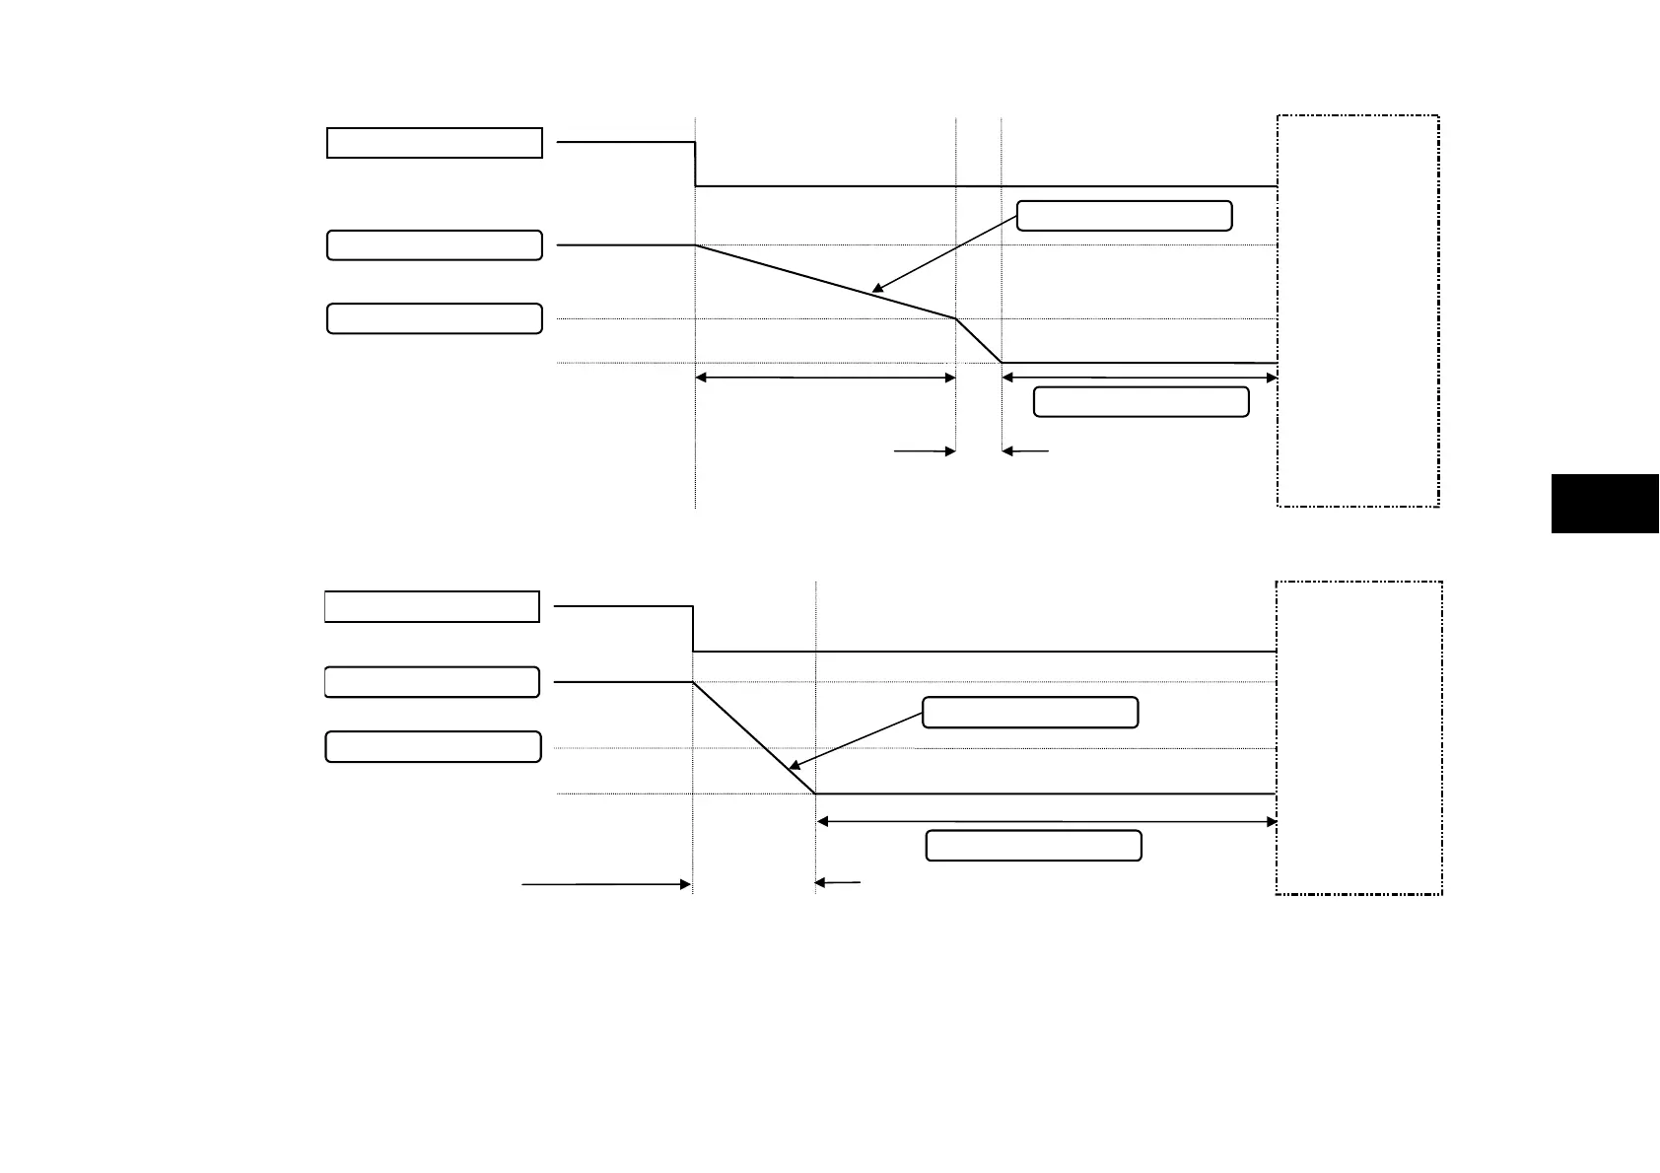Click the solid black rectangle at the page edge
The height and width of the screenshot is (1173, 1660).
(1605, 504)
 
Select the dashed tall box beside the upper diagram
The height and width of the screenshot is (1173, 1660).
(1357, 310)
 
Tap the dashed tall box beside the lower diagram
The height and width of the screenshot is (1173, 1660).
(1359, 737)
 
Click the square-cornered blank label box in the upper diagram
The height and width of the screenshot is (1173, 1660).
(435, 143)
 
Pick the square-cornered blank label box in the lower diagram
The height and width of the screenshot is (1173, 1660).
(432, 607)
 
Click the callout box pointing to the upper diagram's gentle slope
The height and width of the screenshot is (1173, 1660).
(1124, 216)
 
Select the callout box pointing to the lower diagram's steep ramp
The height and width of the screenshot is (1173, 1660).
(1030, 713)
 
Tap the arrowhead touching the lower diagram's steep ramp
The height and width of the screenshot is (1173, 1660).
(792, 767)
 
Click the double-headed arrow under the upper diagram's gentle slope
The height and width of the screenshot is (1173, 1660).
(825, 378)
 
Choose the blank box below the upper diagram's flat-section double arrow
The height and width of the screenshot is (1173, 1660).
(1141, 402)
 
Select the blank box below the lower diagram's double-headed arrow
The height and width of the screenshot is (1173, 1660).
(1033, 846)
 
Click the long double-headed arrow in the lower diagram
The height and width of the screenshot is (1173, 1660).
(1047, 821)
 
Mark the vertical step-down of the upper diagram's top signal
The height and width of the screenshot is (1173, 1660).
(696, 165)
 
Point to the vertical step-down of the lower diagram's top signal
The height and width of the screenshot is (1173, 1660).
(694, 630)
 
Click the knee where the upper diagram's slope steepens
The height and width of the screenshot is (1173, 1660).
(955, 318)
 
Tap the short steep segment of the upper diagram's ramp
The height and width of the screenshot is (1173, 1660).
(979, 341)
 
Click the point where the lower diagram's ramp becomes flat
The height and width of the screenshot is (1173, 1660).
(816, 793)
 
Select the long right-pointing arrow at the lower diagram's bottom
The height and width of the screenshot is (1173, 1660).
(606, 885)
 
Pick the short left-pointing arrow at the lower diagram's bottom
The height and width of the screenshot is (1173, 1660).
(838, 883)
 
